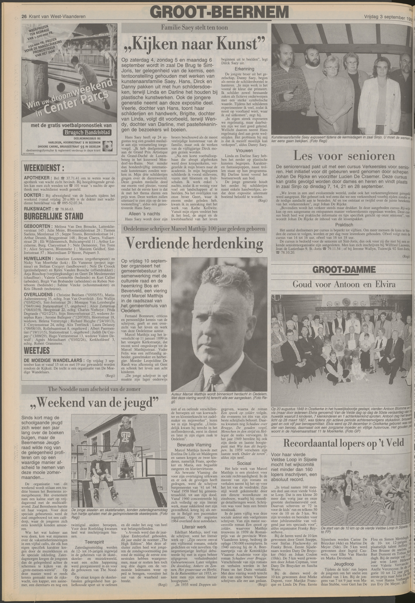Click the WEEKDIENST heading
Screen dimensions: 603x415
coord(44,168)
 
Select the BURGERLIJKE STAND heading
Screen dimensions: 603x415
coord(53,216)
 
